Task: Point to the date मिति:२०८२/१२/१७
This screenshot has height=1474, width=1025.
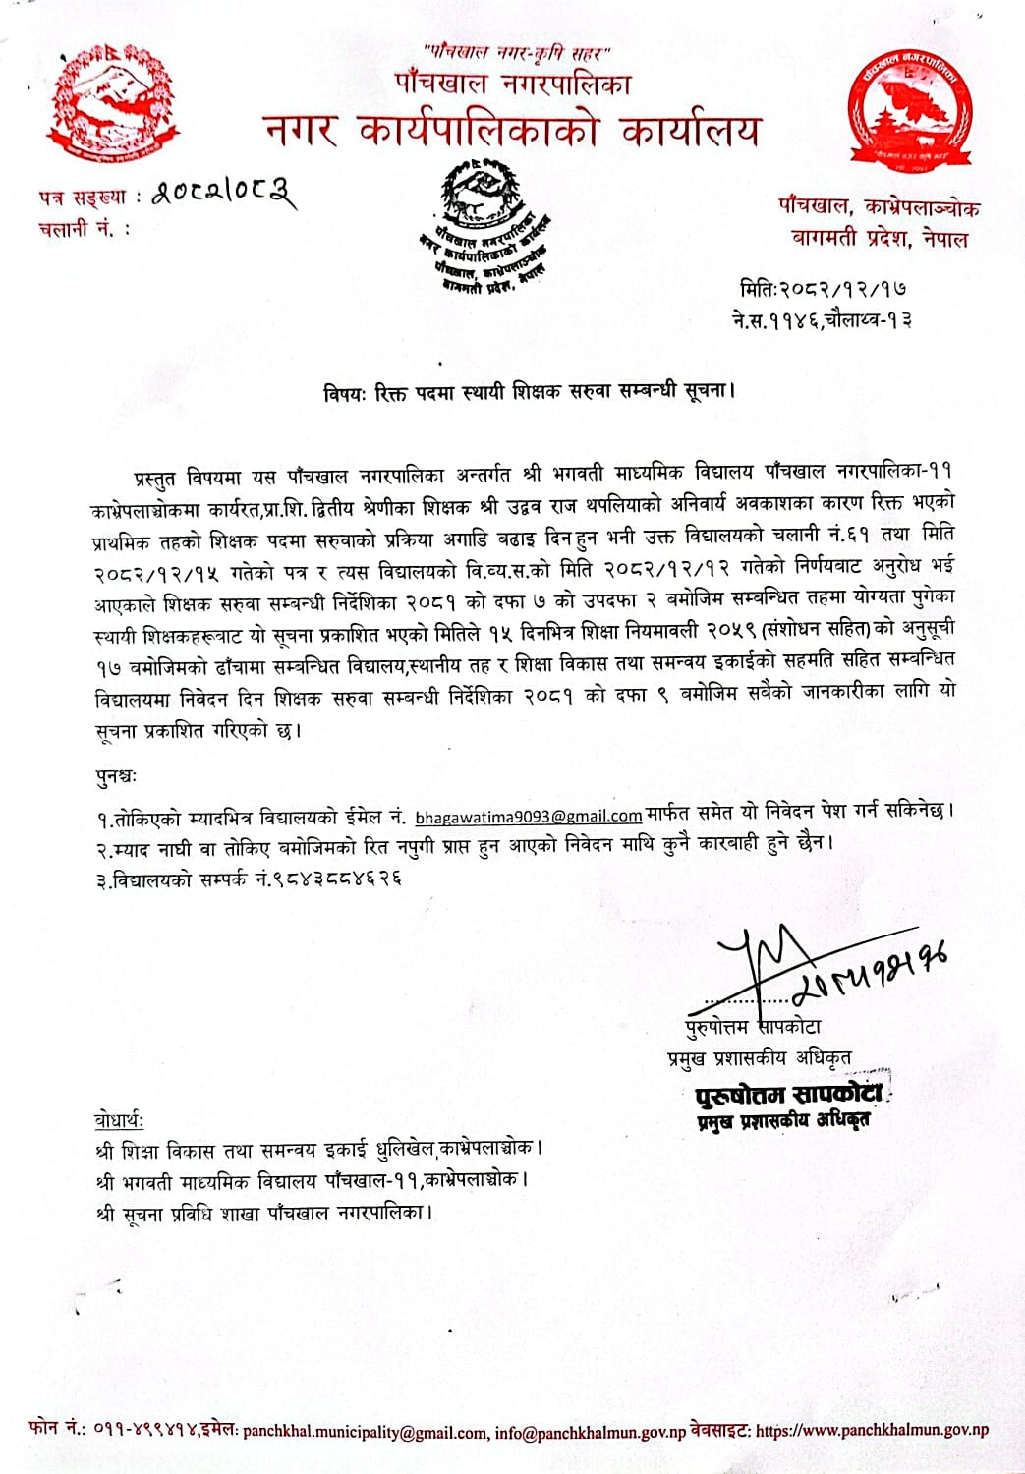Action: tap(823, 289)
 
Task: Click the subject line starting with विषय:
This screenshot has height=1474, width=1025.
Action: tap(530, 390)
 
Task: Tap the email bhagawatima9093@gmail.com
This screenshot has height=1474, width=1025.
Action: tap(528, 815)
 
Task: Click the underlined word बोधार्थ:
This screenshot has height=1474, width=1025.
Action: tap(120, 1119)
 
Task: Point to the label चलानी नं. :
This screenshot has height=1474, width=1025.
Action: tap(85, 229)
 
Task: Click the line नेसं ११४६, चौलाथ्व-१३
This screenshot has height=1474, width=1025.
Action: tap(822, 319)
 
